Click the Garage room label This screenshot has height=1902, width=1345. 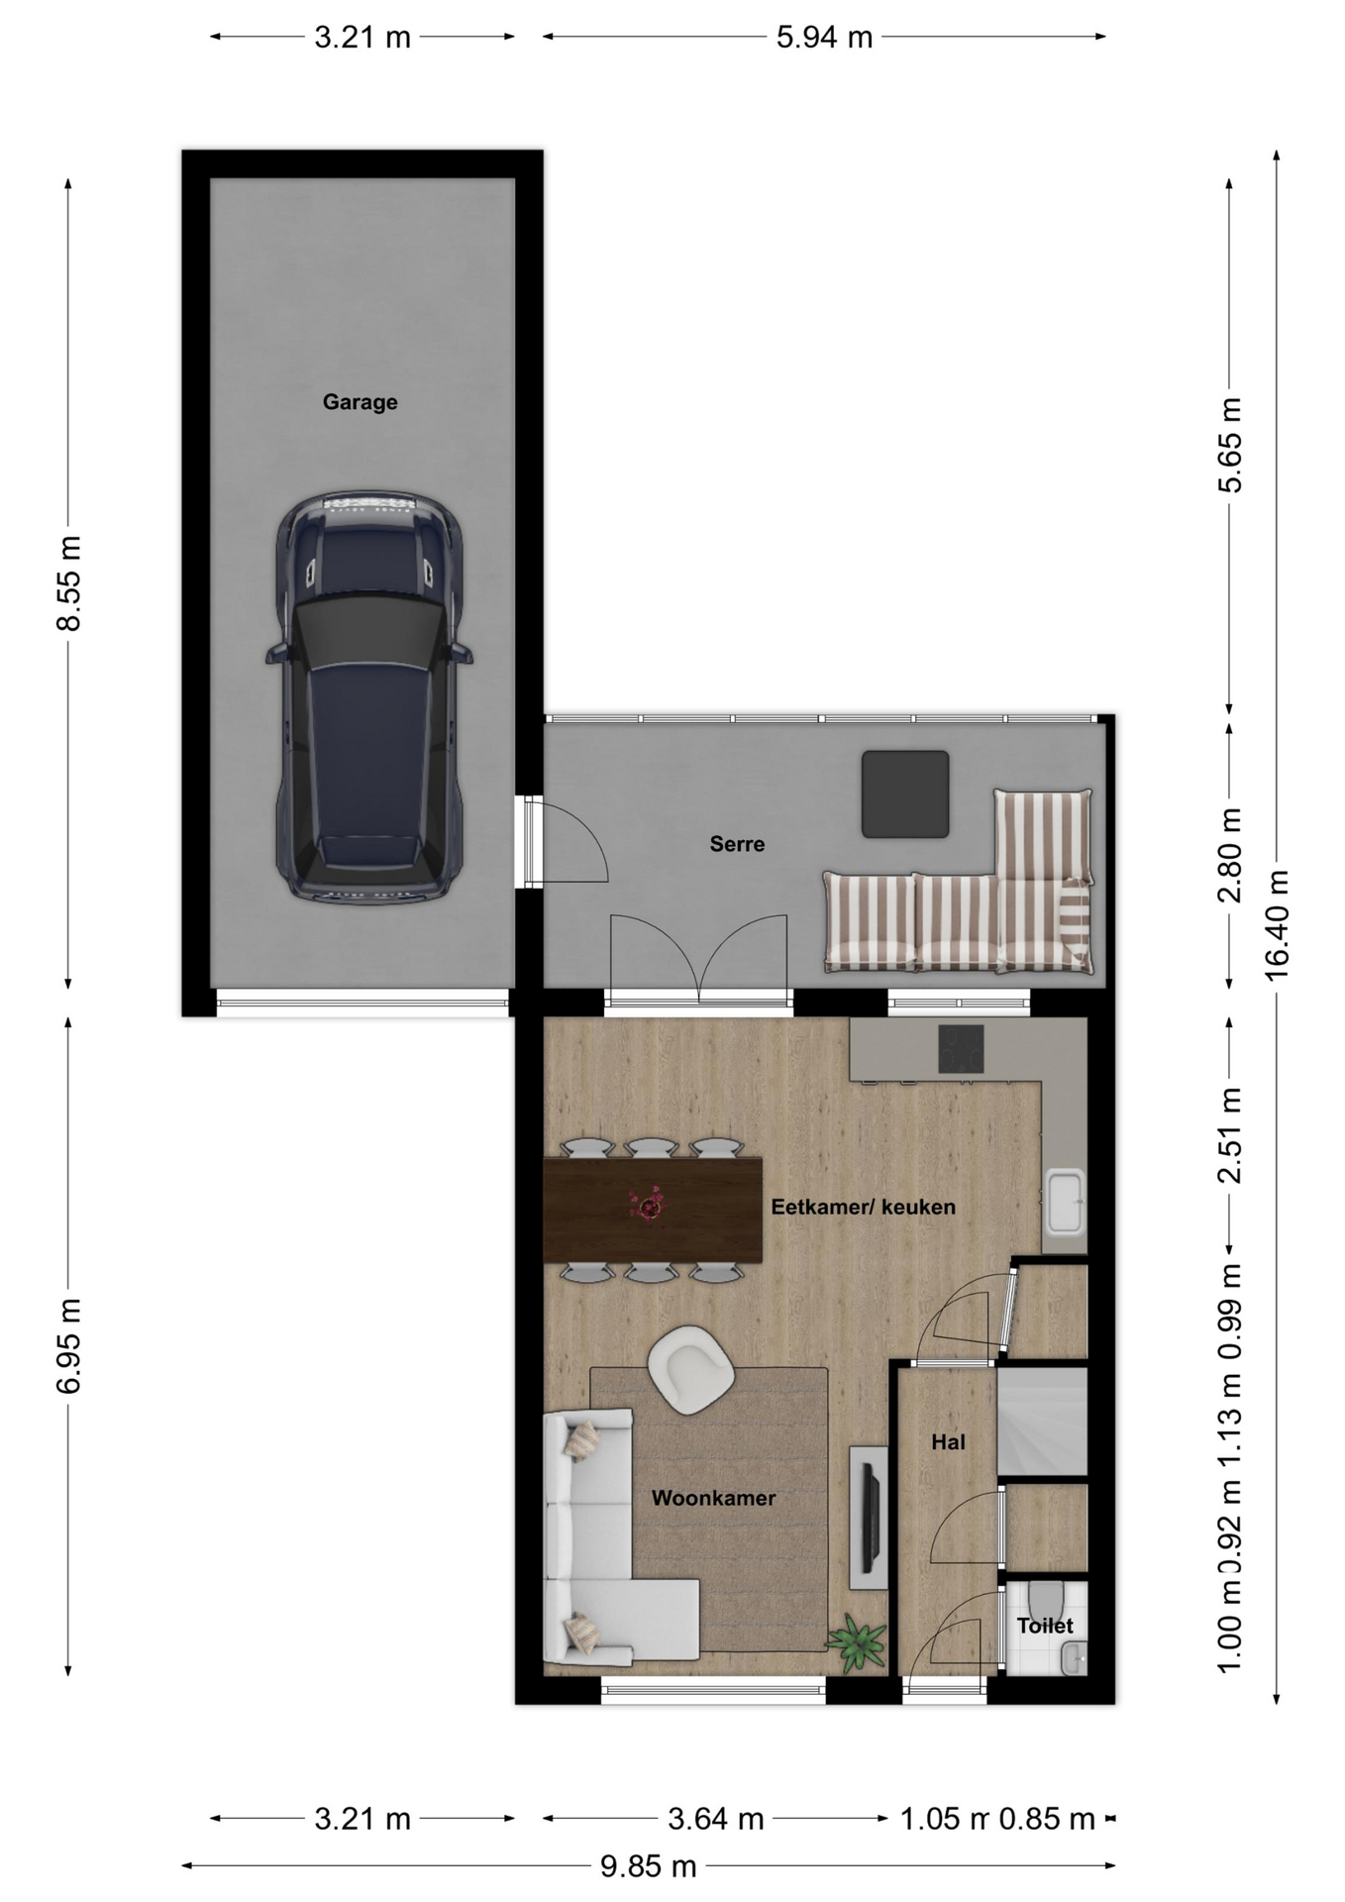(x=360, y=402)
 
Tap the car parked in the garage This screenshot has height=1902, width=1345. (x=368, y=696)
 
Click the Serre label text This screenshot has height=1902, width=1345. (x=737, y=844)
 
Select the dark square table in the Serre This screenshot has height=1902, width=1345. (x=905, y=793)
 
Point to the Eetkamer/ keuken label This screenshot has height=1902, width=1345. (x=863, y=1207)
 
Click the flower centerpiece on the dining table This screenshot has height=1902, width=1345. (x=649, y=1206)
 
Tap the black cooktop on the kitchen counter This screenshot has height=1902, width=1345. (x=961, y=1048)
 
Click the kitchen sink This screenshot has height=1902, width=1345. (x=1065, y=1202)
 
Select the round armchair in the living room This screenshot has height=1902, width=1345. (x=690, y=1370)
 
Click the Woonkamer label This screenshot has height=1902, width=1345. (x=713, y=1498)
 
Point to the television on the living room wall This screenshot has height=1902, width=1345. (x=871, y=1518)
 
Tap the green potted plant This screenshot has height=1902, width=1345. (x=857, y=1643)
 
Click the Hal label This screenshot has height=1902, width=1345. (x=948, y=1442)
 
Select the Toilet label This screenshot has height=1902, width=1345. (x=1045, y=1626)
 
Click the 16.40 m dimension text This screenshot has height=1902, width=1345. (x=1277, y=925)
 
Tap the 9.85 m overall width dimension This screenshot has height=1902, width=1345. (x=649, y=1866)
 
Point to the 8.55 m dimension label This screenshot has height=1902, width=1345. (x=68, y=583)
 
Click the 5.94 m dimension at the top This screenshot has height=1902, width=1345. (x=824, y=38)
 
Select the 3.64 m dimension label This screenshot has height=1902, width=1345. (x=715, y=1819)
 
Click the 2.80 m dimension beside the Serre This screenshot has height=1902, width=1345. (x=1229, y=855)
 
